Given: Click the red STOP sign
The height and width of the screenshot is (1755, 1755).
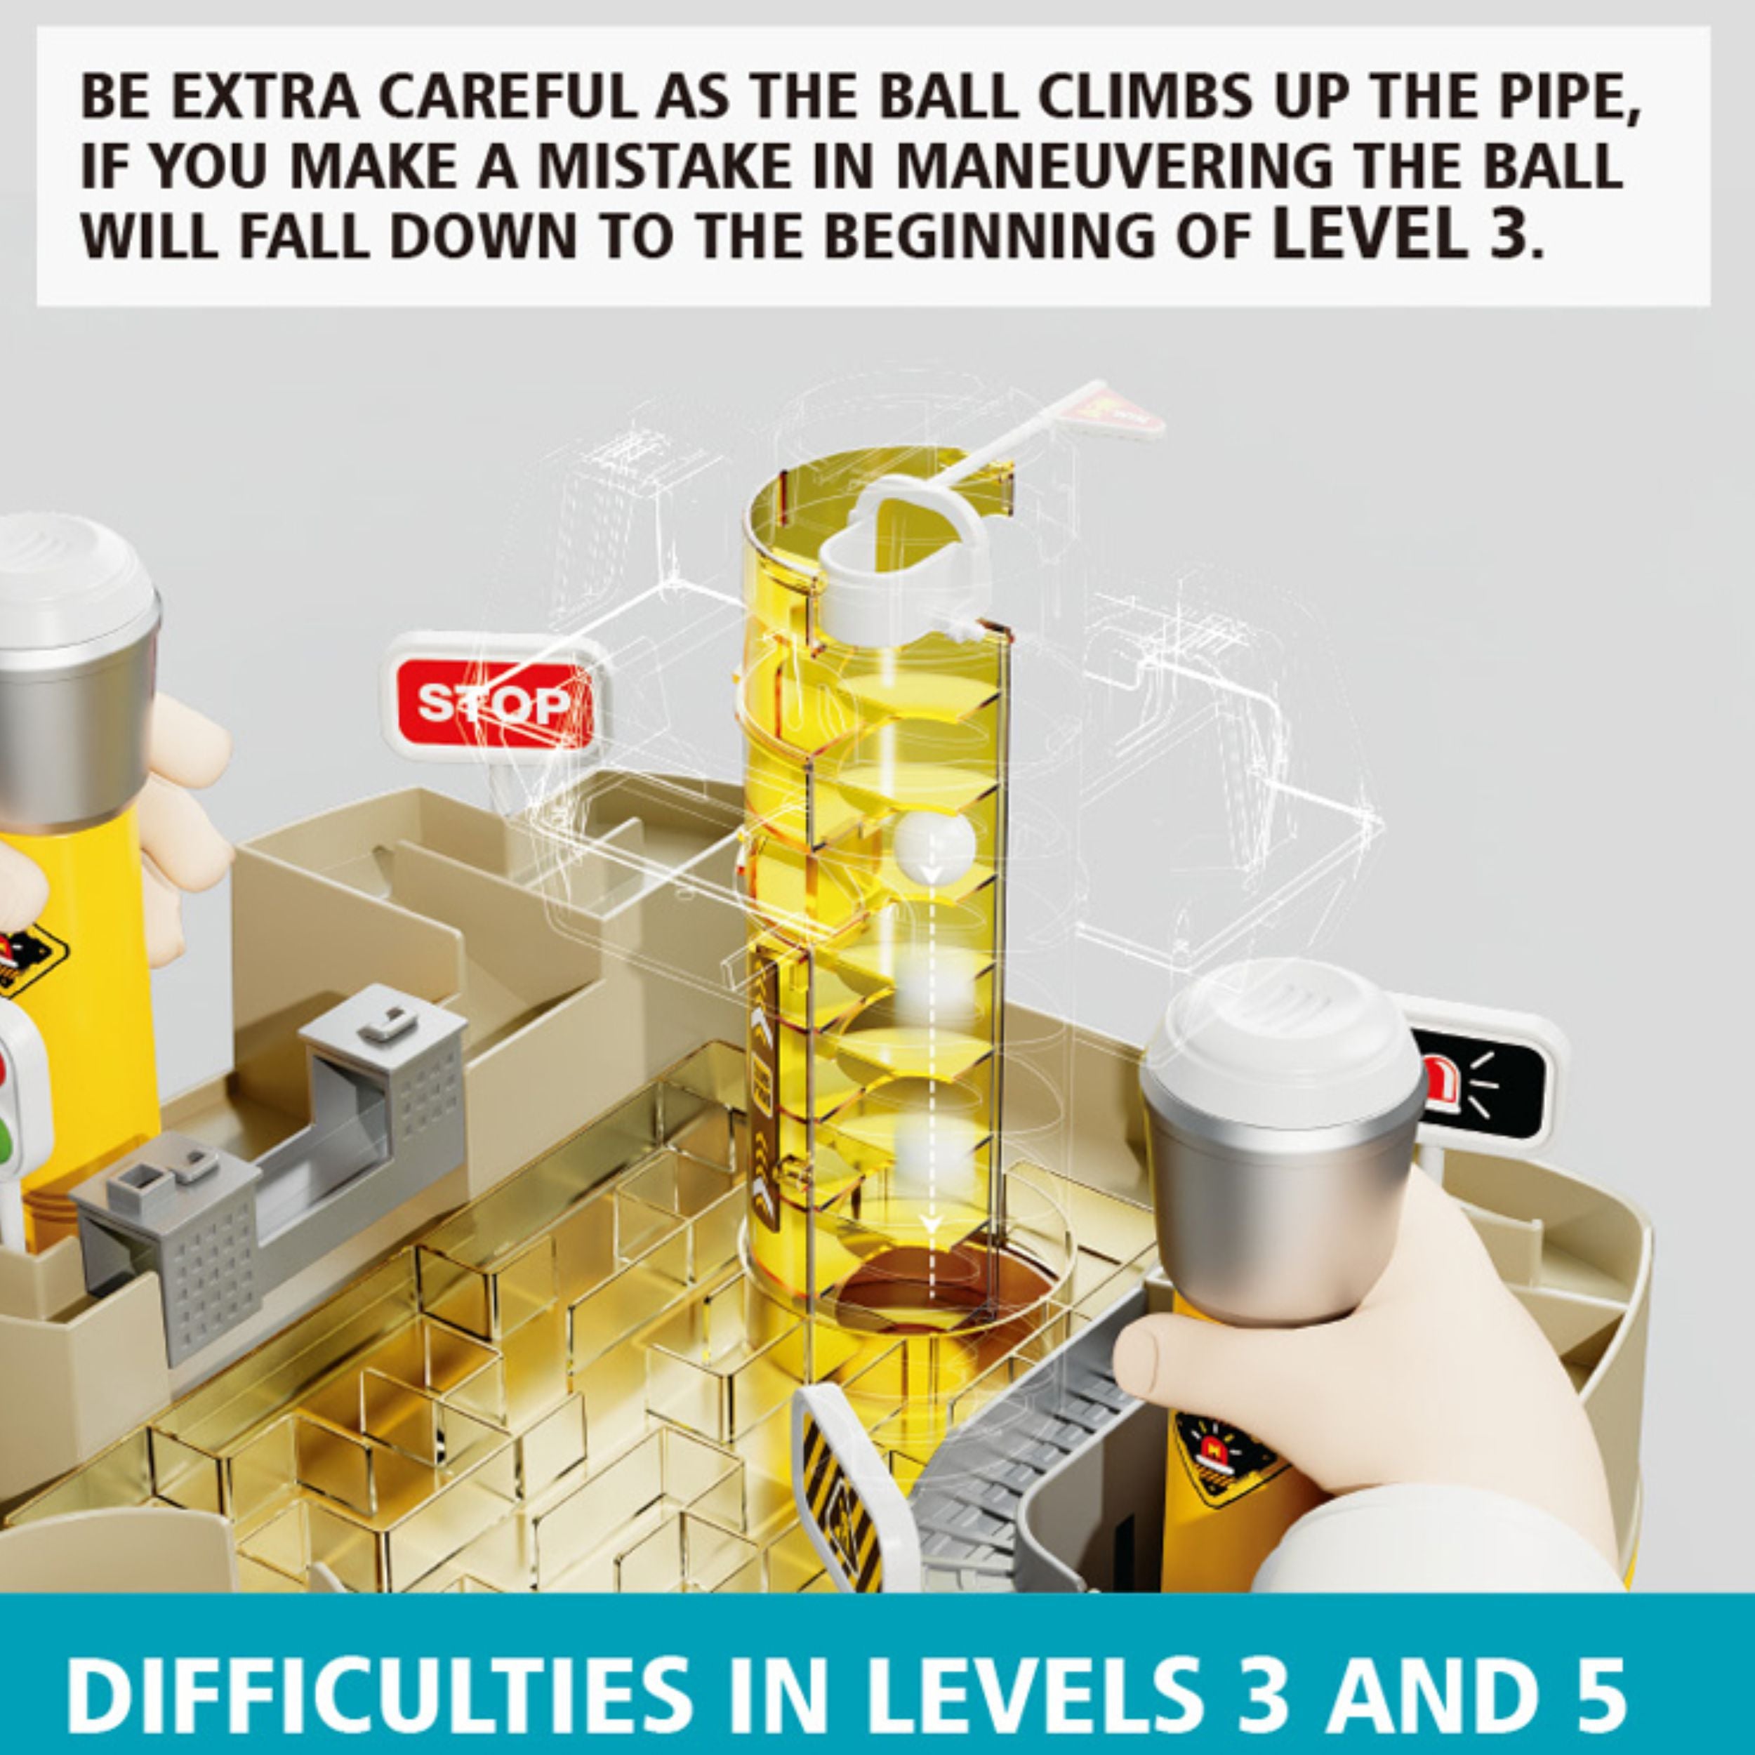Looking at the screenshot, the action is (495, 701).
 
